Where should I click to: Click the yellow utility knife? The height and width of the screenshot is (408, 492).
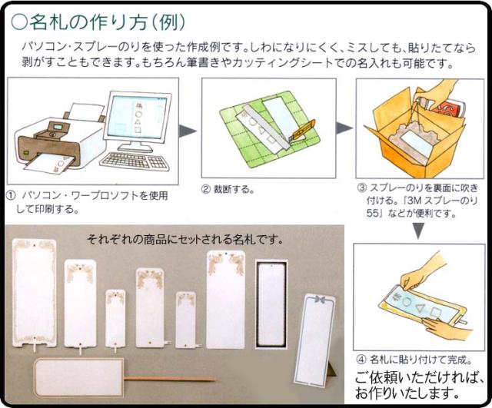303,131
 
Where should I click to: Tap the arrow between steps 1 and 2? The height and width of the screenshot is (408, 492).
187,131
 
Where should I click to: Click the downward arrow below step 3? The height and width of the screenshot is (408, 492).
418,231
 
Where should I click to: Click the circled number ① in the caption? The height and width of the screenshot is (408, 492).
10,196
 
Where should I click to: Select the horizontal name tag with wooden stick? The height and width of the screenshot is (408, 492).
78,378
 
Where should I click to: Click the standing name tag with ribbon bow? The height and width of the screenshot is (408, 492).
314,340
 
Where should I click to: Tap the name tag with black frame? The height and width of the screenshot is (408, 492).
271,304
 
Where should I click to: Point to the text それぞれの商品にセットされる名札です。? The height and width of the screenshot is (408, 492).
184,240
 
